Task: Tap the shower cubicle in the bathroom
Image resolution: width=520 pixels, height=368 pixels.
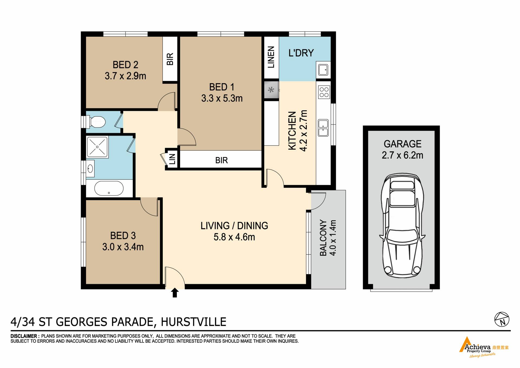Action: click(x=97, y=147)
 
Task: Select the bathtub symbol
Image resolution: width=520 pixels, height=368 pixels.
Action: click(x=109, y=188)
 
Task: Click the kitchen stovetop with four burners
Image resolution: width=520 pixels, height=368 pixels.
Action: click(x=324, y=92)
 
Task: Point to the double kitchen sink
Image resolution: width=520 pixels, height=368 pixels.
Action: click(x=323, y=128)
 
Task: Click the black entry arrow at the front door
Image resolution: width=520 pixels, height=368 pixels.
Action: click(x=175, y=293)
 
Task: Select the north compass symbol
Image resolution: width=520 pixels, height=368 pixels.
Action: click(x=502, y=319)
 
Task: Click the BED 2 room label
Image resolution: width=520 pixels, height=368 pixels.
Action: click(x=125, y=65)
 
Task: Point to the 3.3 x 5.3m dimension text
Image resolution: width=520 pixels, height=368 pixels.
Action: click(x=222, y=98)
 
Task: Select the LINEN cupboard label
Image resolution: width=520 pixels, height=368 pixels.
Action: click(x=271, y=57)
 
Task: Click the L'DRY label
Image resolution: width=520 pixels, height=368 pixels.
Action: click(x=301, y=53)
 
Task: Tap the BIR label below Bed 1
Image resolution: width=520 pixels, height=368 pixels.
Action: click(x=222, y=160)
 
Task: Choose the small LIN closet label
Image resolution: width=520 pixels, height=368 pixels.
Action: click(x=172, y=159)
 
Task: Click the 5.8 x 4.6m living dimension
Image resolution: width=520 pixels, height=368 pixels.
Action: click(x=234, y=237)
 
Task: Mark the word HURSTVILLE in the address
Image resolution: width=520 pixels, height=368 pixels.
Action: click(x=194, y=322)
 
